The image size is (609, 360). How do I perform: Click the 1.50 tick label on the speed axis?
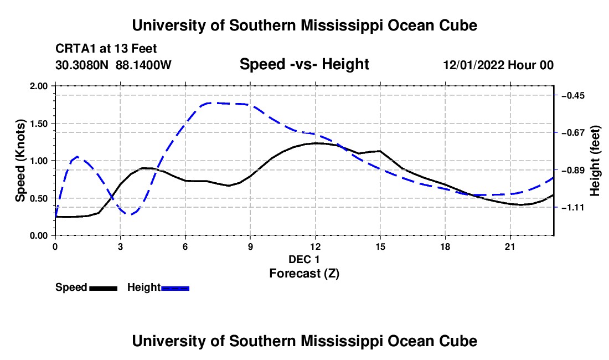tap(38, 124)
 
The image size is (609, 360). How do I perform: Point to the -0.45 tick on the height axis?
tap(573, 95)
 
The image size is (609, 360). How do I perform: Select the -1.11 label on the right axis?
tap(573, 208)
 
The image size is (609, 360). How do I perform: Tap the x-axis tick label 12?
tap(316, 246)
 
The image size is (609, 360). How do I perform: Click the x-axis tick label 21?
tap(510, 246)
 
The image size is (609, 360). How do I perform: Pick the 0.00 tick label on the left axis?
tap(38, 236)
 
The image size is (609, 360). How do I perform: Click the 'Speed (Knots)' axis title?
tap(20, 161)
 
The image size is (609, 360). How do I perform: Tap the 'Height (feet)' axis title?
tap(595, 161)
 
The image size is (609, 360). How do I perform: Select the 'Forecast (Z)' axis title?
tap(304, 274)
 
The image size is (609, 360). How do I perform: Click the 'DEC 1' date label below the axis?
tap(304, 259)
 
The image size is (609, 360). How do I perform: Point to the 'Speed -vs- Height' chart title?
tap(304, 64)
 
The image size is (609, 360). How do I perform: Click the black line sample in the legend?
tap(104, 289)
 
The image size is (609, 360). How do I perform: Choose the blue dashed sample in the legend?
tap(175, 289)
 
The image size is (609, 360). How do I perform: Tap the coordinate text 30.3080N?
tap(82, 65)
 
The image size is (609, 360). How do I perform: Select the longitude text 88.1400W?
tap(143, 65)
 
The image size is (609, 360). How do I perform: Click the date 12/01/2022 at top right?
tap(474, 65)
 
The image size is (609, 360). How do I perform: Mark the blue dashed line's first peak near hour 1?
tap(78, 157)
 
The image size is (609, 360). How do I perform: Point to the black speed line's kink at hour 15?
tap(380, 151)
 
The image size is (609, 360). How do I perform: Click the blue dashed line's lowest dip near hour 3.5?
tap(131, 214)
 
